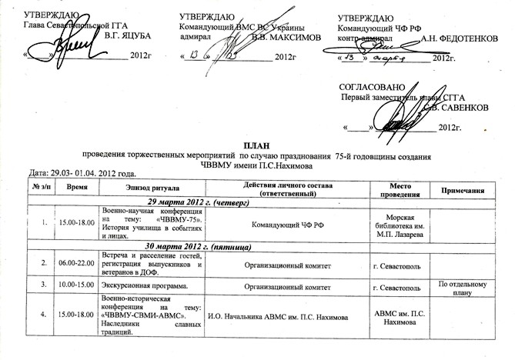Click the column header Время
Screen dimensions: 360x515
pyautogui.click(x=76, y=188)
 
